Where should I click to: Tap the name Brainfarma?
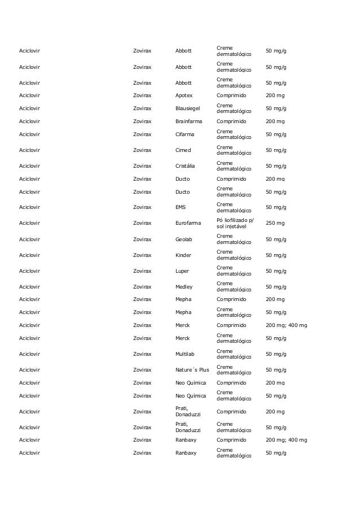click(x=188, y=121)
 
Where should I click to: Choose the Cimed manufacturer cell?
click(x=183, y=150)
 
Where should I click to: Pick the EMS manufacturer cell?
click(x=181, y=207)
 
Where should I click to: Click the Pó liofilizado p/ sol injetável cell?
click(x=235, y=223)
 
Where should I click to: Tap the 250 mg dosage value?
click(x=275, y=223)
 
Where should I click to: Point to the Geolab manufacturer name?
click(x=185, y=239)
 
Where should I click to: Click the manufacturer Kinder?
click(x=183, y=255)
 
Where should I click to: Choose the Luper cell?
click(x=182, y=271)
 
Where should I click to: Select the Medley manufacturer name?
click(x=184, y=286)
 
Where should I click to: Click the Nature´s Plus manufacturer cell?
click(x=192, y=370)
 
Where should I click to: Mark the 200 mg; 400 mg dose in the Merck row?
click(x=286, y=325)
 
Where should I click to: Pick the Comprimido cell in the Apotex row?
click(x=231, y=95)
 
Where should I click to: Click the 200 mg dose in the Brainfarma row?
click(x=275, y=121)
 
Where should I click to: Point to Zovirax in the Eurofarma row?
click(x=142, y=223)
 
